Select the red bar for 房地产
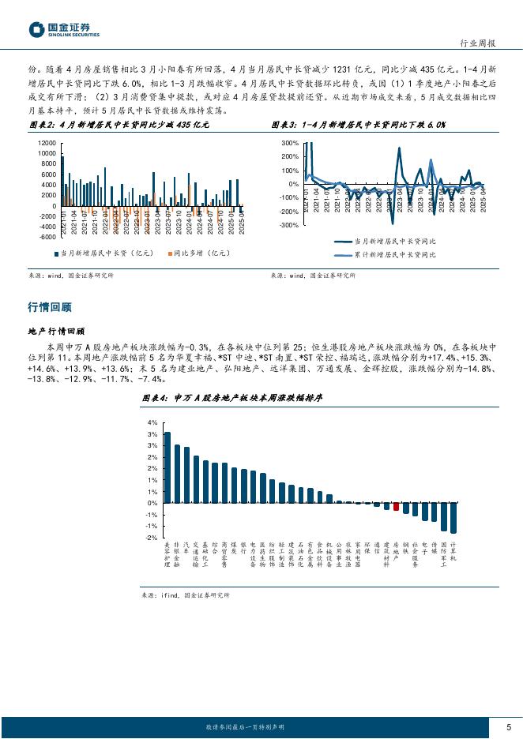tap(397, 506)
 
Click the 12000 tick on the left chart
tap(45, 143)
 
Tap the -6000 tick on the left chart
tap(45, 236)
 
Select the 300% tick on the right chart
tap(288, 143)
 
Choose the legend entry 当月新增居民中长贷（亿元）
tap(103, 253)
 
